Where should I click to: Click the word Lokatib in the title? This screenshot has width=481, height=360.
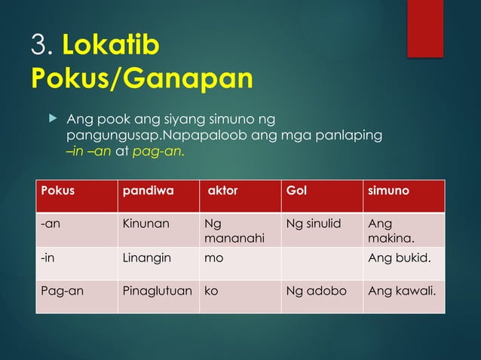click(111, 46)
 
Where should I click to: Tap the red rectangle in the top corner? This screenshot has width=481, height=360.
click(425, 28)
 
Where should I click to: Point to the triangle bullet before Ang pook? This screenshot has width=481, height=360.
click(52, 119)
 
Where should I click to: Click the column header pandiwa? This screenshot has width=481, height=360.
click(148, 191)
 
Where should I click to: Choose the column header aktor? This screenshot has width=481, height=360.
click(222, 191)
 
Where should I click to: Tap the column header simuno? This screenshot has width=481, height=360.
click(388, 191)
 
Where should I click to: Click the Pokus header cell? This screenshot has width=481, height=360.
click(58, 191)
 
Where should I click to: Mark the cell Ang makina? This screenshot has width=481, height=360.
click(390, 230)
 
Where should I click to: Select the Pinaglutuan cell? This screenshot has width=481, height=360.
click(157, 290)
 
